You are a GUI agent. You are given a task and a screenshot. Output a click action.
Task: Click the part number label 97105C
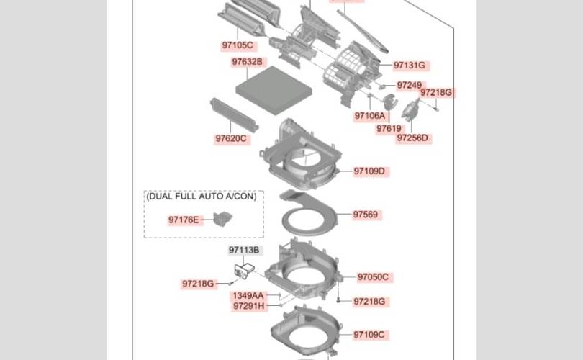coord(238,46)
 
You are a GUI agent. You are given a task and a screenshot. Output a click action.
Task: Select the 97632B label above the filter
coord(248,63)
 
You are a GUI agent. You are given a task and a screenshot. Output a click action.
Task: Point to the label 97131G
coord(410,66)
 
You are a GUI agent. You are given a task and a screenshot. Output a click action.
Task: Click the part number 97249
coord(409,85)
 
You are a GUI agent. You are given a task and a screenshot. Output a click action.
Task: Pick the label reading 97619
coord(389,129)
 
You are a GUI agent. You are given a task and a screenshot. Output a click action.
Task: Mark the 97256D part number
coord(412,138)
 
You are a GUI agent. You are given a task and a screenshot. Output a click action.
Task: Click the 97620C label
coord(231,138)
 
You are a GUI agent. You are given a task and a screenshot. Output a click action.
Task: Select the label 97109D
coord(369,171)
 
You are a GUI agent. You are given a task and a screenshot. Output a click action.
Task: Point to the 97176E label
coord(184,220)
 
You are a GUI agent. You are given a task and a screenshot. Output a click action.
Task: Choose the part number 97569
coord(366,215)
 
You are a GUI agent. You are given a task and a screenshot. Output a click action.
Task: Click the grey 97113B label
coord(245,251)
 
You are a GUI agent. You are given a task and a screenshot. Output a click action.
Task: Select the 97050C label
coord(373,277)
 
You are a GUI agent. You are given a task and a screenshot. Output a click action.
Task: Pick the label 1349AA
coord(248,296)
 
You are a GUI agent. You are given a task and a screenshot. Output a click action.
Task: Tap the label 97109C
coord(369,335)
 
